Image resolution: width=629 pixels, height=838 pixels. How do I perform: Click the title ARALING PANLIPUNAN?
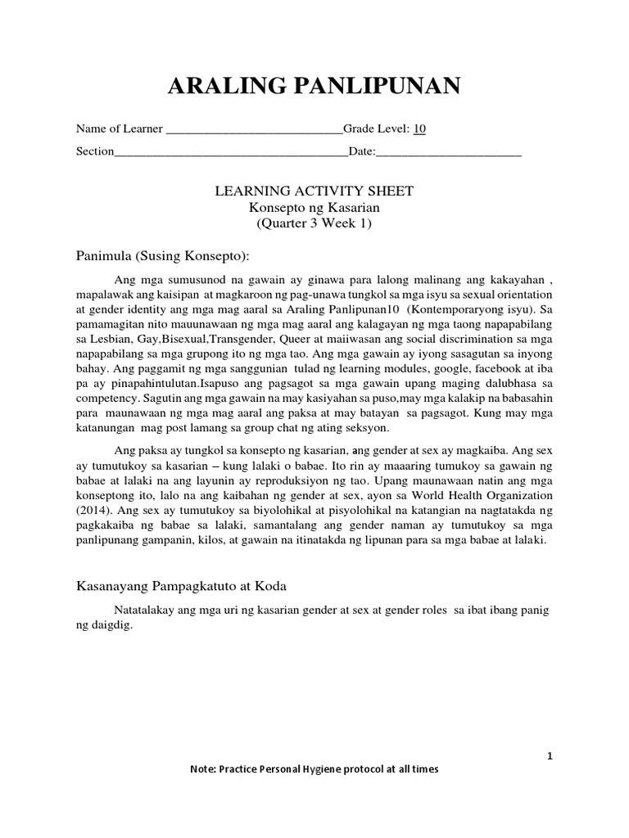coord(314,85)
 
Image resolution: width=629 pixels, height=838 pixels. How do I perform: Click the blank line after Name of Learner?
coord(254,130)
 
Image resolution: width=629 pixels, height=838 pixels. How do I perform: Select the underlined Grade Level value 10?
coord(419,129)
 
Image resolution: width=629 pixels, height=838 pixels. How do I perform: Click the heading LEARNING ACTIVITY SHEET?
coord(314,191)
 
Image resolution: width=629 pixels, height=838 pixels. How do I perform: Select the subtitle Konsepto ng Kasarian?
coord(314,208)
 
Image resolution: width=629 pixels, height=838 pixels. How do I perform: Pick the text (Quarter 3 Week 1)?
coord(314,224)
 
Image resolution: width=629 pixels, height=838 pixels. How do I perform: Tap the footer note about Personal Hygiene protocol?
coord(314,769)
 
